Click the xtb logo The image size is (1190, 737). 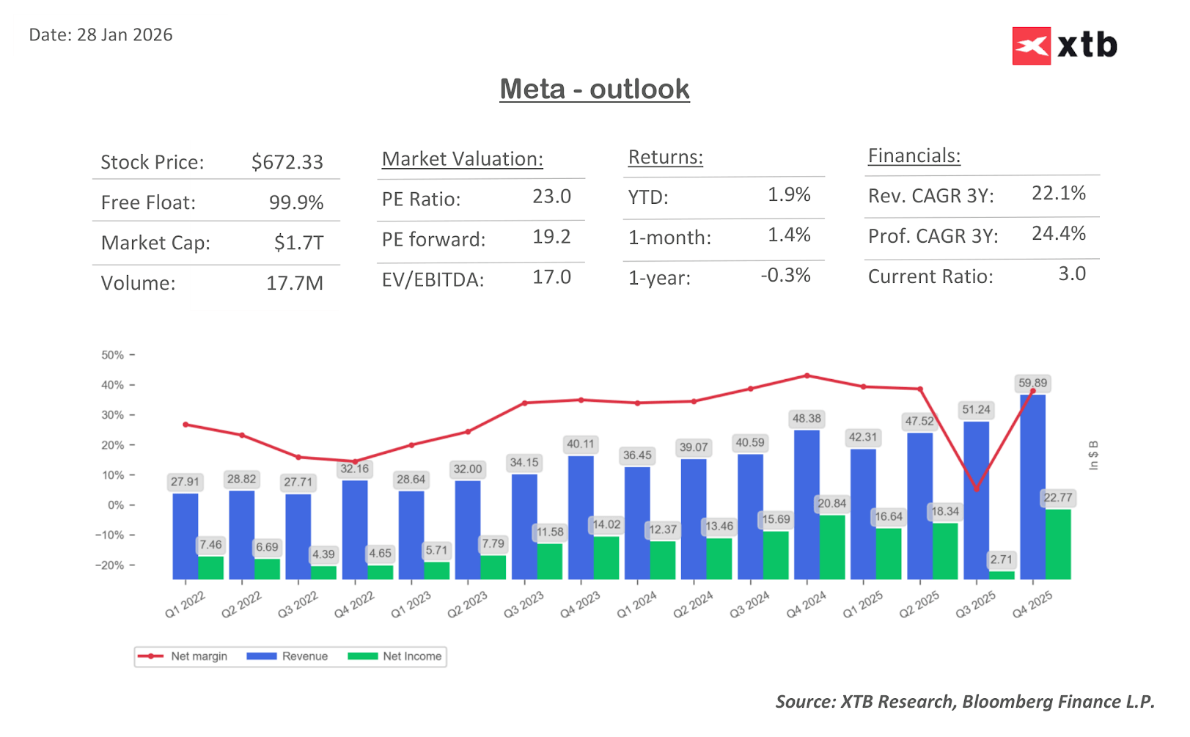coord(1065,46)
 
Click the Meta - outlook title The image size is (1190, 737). coord(594,89)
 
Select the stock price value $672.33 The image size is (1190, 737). coord(287,162)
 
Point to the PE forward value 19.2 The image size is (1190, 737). coord(551,237)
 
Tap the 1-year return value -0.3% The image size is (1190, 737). coord(785,276)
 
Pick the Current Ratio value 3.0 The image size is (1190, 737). coord(1071,274)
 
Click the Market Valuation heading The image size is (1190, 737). coord(462,159)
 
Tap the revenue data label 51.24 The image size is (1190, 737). coord(976,410)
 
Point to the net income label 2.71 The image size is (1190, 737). coord(1001,560)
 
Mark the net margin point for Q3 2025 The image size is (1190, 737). coord(976,489)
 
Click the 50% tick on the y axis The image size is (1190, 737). coord(113,355)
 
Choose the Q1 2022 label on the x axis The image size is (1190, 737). coord(185,605)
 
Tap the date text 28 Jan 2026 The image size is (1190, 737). coord(125,35)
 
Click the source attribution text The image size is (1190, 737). coord(964,702)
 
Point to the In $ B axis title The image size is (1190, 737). coord(1093,455)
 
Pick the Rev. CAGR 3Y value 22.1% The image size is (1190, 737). coord(1058,194)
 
